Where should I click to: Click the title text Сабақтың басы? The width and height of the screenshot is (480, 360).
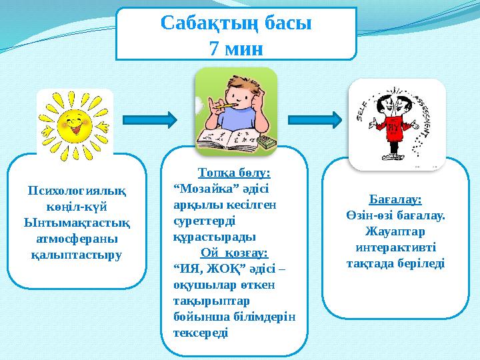[x=236, y=24]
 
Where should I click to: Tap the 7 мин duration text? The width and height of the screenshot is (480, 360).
[x=236, y=48]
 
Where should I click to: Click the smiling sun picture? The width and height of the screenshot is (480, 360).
[x=75, y=123]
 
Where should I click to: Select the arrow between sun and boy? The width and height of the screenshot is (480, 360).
[x=151, y=120]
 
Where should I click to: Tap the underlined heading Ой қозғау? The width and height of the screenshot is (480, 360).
[x=234, y=253]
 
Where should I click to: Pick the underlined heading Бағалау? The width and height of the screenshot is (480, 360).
[x=395, y=199]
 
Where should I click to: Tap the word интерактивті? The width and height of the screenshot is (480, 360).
[x=395, y=247]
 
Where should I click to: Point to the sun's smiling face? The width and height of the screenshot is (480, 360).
[x=74, y=123]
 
